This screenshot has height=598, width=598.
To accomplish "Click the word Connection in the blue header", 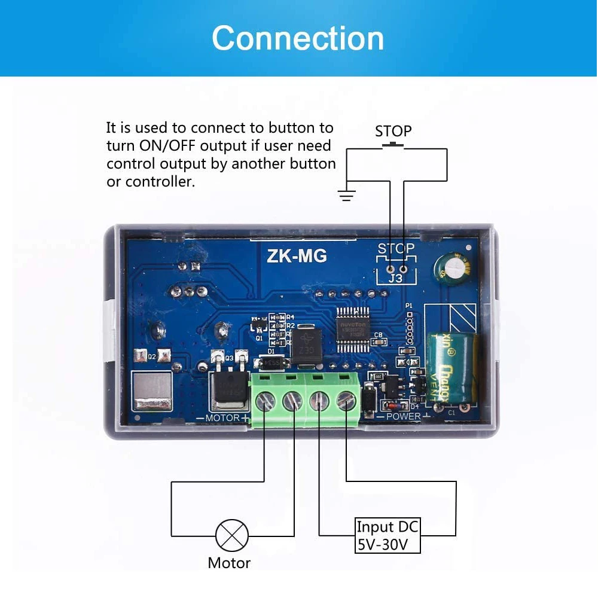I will click(298, 38).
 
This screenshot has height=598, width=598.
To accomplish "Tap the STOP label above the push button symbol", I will click(393, 131).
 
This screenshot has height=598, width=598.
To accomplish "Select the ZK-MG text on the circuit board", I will click(297, 257).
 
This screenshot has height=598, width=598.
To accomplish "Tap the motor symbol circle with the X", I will click(231, 535).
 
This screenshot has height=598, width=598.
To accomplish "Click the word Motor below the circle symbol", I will click(229, 563).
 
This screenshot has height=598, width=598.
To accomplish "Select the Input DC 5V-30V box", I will click(388, 535).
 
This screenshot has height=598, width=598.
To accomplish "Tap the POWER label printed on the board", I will click(404, 416).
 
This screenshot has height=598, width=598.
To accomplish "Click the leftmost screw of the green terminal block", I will click(265, 401).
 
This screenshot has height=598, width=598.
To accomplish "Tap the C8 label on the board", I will click(377, 334).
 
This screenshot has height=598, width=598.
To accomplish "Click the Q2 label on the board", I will click(152, 356).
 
